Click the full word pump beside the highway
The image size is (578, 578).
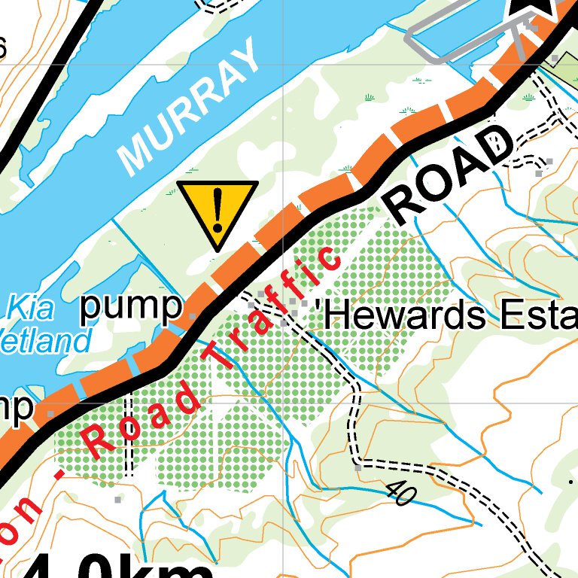click(131, 307)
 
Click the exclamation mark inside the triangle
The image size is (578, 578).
click(218, 209)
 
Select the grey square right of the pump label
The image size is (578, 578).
click(193, 317)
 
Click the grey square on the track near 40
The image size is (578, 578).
click(358, 467)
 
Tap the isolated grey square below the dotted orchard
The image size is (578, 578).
click(117, 499)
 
